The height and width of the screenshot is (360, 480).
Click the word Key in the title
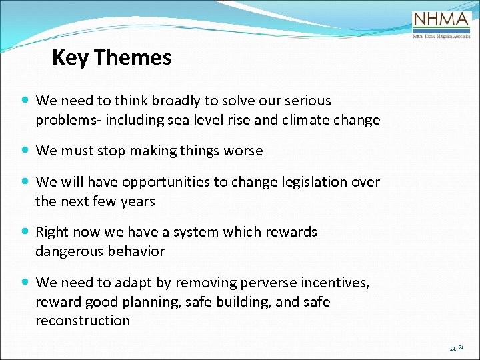click(x=70, y=58)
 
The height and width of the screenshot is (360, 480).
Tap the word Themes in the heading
click(x=133, y=58)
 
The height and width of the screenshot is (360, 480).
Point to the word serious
click(x=307, y=101)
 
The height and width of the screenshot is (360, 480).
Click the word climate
click(x=304, y=120)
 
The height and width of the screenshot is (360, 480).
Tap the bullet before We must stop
click(x=25, y=151)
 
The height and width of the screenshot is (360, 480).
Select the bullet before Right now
click(x=25, y=232)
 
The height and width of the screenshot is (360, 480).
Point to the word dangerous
click(x=68, y=251)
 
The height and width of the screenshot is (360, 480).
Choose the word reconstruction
click(x=83, y=321)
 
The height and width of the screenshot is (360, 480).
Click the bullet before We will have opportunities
click(x=25, y=182)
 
